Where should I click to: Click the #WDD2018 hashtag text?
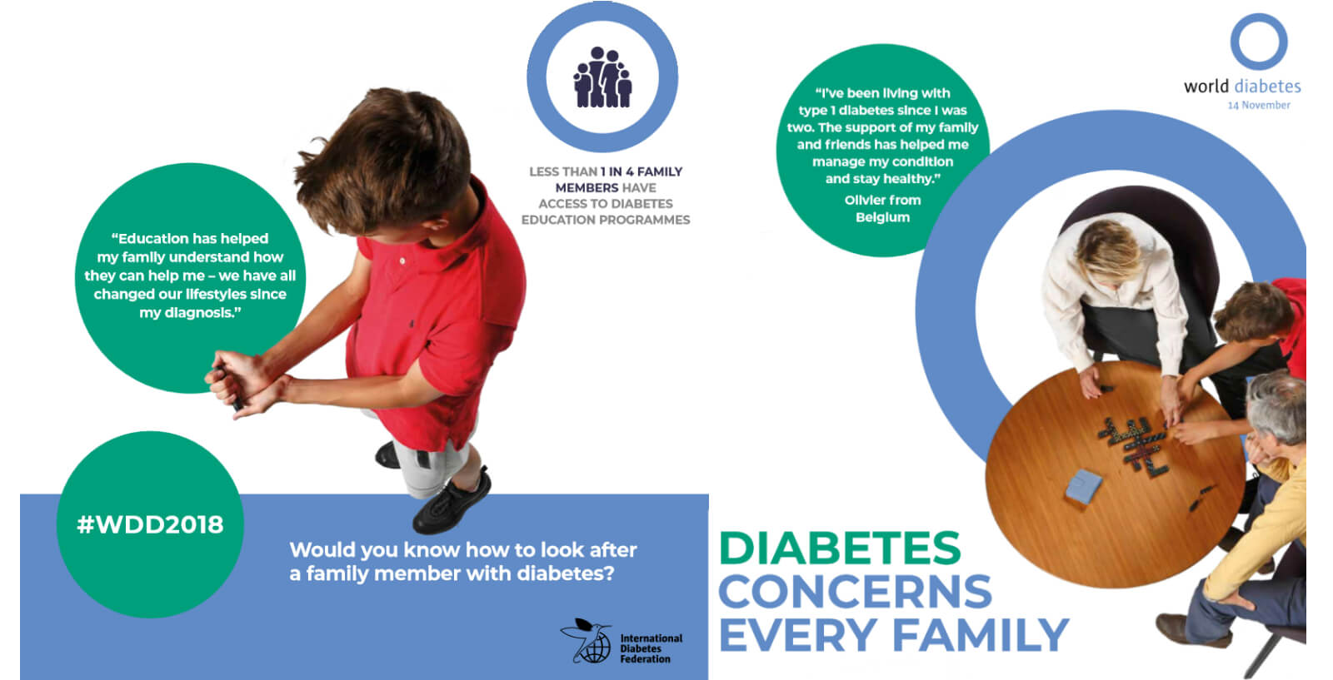point(150,525)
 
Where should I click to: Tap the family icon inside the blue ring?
point(602,77)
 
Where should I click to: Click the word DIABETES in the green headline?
point(841,548)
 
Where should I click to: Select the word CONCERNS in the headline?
point(856,592)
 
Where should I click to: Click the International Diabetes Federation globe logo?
point(587,642)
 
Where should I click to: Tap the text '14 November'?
point(1259,105)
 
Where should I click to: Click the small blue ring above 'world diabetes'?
point(1259,42)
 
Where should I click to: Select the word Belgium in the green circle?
point(882,217)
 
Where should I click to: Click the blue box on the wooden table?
point(1082,486)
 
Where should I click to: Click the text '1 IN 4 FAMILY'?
point(642,171)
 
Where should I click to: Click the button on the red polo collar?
point(403,261)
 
